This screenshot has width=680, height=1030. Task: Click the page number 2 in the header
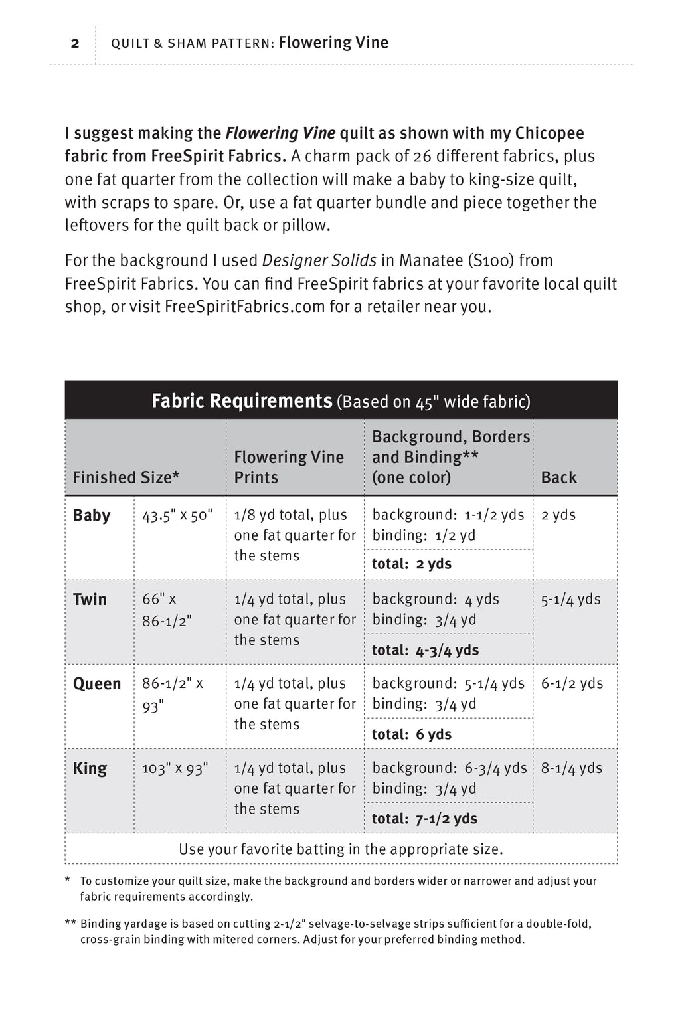[x=75, y=44]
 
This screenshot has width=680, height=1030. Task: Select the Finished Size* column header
[x=126, y=477]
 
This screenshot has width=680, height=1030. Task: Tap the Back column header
[x=558, y=477]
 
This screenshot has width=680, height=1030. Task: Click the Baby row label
[x=92, y=515]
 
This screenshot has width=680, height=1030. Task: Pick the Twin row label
[x=90, y=600]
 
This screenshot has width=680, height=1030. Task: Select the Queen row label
[x=97, y=684]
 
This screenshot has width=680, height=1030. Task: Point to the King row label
[x=90, y=768]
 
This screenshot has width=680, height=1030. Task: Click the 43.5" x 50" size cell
[x=177, y=515]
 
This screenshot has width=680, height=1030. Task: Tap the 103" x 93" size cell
[x=175, y=768]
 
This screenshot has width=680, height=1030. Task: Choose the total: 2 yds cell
[x=412, y=564]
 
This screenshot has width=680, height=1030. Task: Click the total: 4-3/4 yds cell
[x=425, y=649]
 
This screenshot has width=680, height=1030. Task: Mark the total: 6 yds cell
[x=412, y=734]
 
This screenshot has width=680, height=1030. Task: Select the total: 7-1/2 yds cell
[x=424, y=818]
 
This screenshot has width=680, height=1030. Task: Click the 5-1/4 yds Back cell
[x=570, y=600]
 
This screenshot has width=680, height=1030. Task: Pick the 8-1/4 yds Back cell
[x=571, y=768]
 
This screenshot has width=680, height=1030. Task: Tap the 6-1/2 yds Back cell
[x=572, y=684]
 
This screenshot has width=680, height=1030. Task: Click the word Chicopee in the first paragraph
[x=549, y=133]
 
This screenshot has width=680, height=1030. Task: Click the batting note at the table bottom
[x=341, y=849]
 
